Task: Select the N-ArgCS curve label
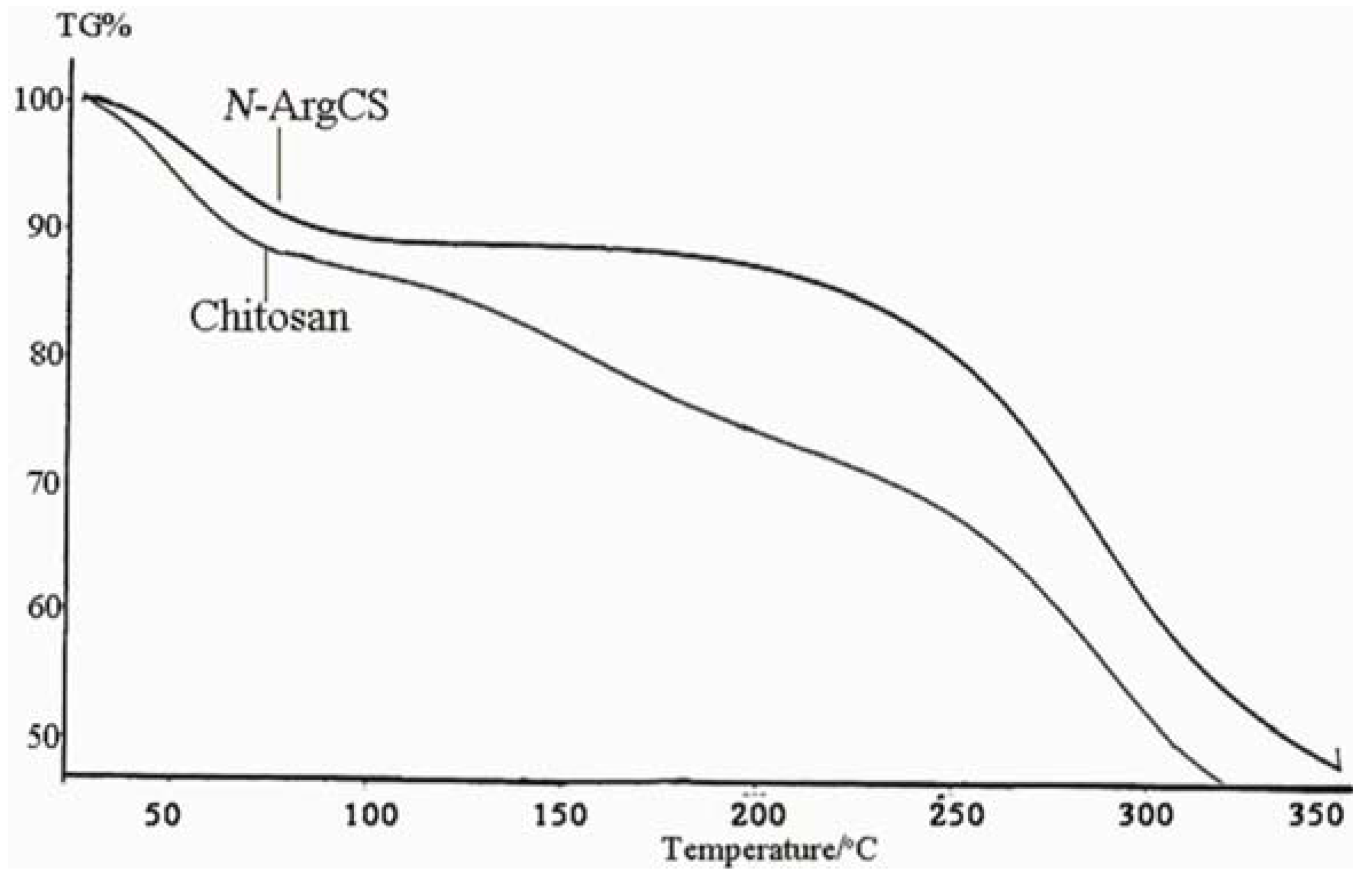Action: pos(307,107)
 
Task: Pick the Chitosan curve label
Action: pos(269,316)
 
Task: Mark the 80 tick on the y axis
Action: pos(44,355)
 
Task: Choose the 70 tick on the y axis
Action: pos(44,483)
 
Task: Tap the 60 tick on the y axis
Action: pos(44,608)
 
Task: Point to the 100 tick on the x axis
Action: pos(371,815)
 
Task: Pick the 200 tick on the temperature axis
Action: pos(759,815)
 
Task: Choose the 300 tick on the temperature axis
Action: pos(1146,815)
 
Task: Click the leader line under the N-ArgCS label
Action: pos(279,164)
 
